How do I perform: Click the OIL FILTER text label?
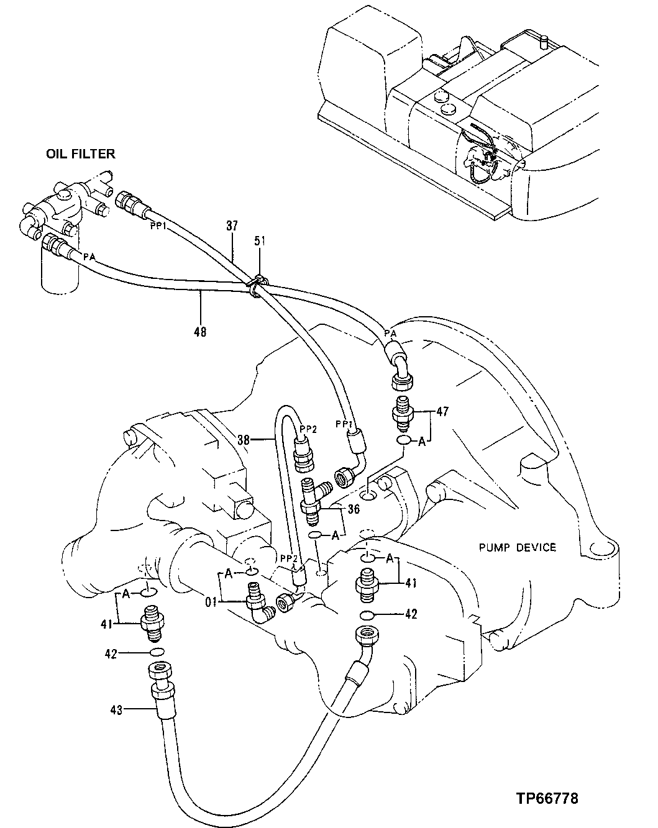[80, 154]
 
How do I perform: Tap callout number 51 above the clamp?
[259, 241]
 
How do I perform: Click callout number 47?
[442, 411]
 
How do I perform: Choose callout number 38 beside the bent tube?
[245, 439]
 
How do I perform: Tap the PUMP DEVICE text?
[517, 547]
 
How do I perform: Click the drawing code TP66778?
[546, 798]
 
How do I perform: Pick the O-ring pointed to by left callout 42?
[158, 652]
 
